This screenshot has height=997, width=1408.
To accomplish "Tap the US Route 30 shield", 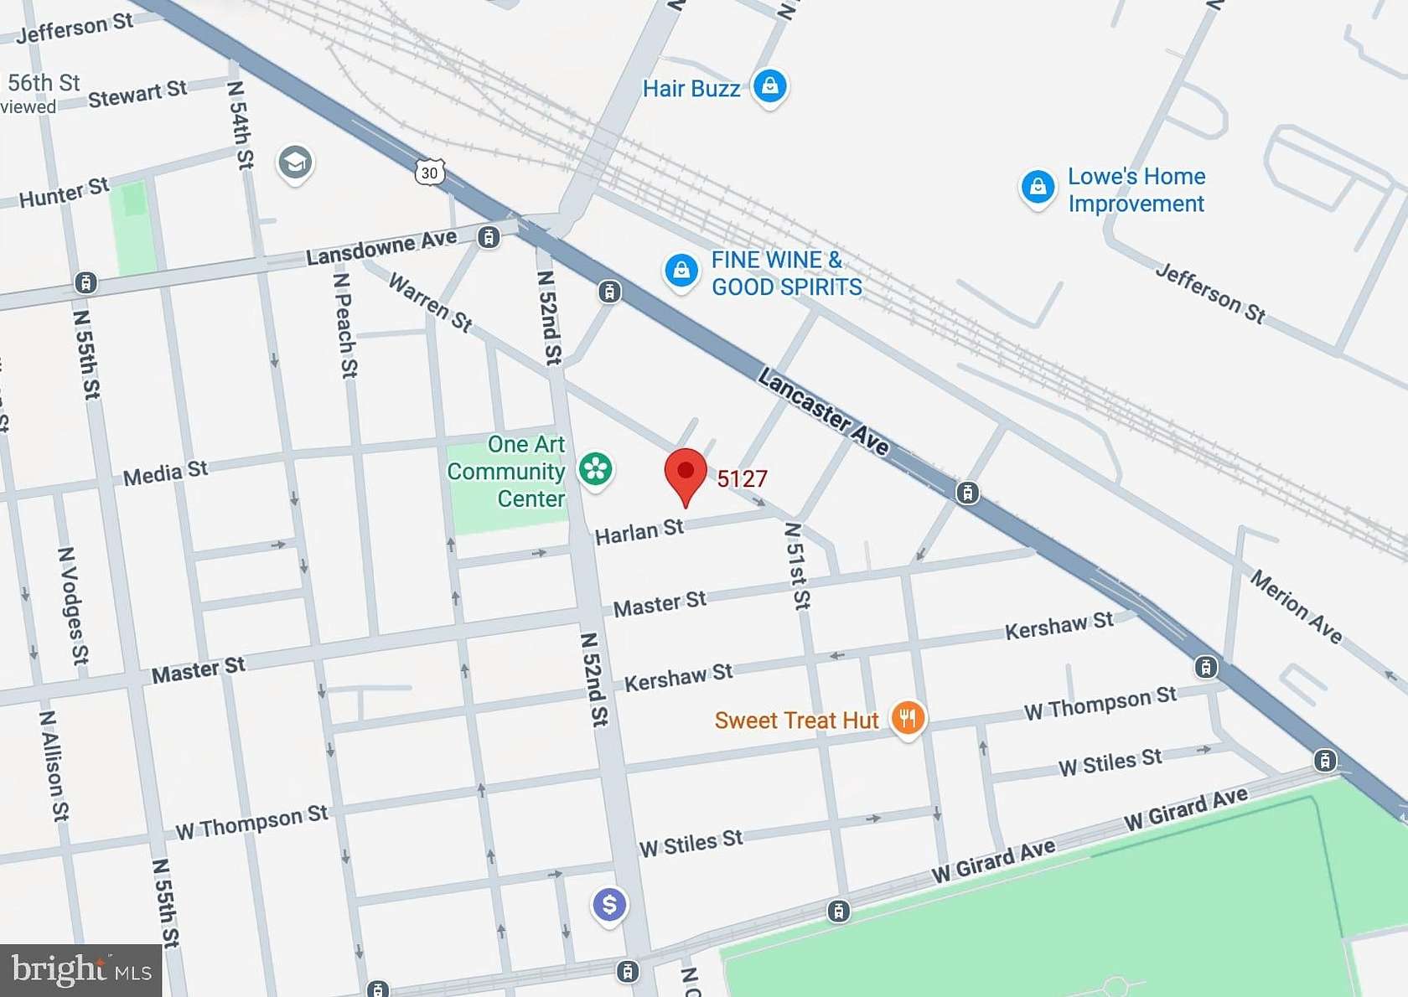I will click(429, 173).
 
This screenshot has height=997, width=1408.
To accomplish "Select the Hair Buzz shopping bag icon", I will click(769, 85).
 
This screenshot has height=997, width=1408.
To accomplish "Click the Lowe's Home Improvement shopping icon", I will click(1037, 187).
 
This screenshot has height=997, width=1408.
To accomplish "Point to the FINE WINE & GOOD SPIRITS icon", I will click(681, 271).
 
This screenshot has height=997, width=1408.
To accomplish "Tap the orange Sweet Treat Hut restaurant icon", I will click(908, 718).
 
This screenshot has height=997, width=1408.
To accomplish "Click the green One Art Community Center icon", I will click(596, 468).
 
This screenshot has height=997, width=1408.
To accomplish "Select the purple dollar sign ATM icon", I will click(609, 905).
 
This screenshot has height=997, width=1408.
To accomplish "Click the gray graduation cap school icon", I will click(295, 163).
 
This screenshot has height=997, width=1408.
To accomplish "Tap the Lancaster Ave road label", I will click(823, 411).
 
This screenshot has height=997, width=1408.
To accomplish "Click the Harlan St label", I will click(639, 531).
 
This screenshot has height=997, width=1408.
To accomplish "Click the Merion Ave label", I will click(1296, 606).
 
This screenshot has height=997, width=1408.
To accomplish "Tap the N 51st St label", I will click(797, 566).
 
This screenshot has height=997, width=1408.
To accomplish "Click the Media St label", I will click(165, 473).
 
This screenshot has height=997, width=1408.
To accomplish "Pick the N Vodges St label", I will click(73, 605).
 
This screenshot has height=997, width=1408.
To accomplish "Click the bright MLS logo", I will click(80, 970).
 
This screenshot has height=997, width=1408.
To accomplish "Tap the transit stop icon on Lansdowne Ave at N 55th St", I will click(85, 282).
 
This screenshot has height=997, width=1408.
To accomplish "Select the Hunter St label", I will click(64, 194).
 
